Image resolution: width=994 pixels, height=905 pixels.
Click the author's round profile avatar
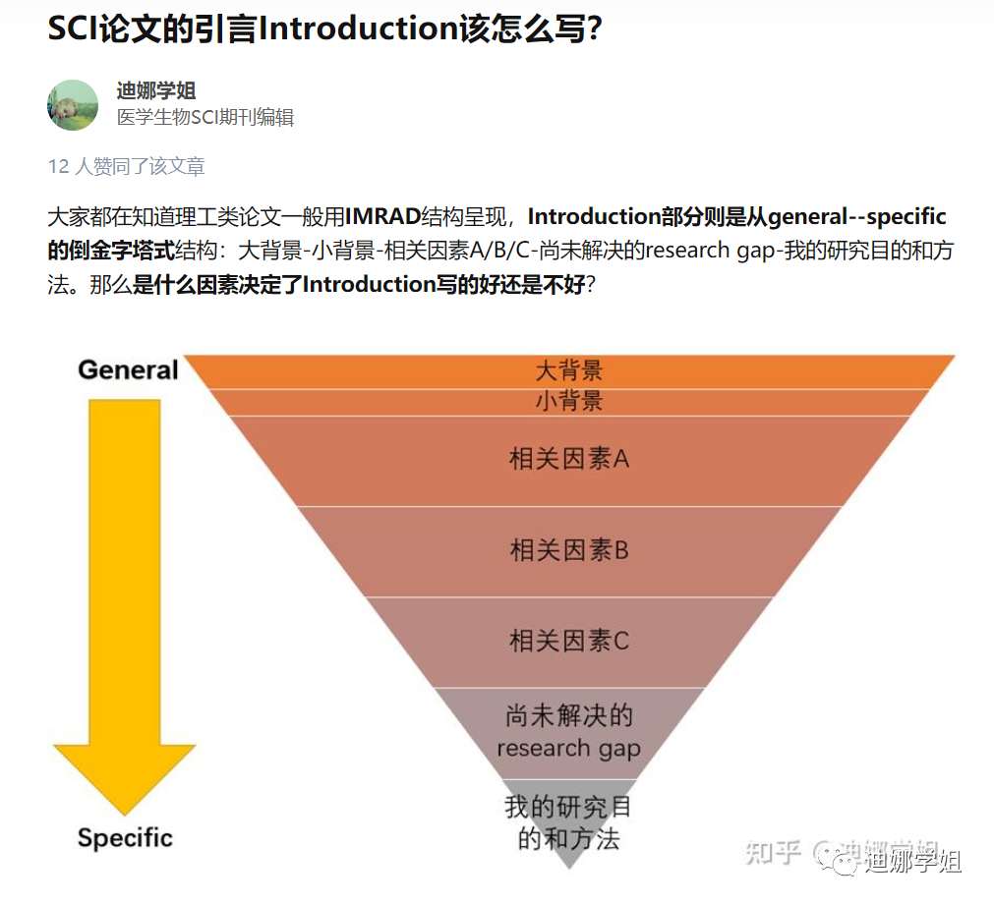pyautogui.click(x=73, y=105)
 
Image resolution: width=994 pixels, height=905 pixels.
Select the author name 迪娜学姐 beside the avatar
pyautogui.click(x=156, y=90)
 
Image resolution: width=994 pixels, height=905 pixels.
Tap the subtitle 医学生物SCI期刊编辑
pyautogui.click(x=205, y=118)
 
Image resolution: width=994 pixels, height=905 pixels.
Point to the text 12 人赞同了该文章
pyautogui.click(x=127, y=166)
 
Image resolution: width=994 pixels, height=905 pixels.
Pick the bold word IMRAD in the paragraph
pyautogui.click(x=390, y=217)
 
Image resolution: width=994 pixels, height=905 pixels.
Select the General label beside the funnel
pyautogui.click(x=128, y=369)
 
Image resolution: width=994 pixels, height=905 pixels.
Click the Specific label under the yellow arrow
pyautogui.click(x=125, y=838)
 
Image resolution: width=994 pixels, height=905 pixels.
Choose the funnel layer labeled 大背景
pyautogui.click(x=568, y=370)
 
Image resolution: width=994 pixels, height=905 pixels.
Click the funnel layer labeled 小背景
pyautogui.click(x=568, y=401)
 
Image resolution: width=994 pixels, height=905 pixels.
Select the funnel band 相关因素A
pyautogui.click(x=568, y=459)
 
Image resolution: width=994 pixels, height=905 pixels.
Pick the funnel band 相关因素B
pyautogui.click(x=568, y=550)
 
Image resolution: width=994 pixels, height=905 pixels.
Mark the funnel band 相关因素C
pyautogui.click(x=568, y=641)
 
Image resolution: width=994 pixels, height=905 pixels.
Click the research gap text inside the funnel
pyautogui.click(x=568, y=748)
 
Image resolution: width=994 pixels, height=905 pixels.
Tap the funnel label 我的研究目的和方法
pyautogui.click(x=568, y=823)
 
